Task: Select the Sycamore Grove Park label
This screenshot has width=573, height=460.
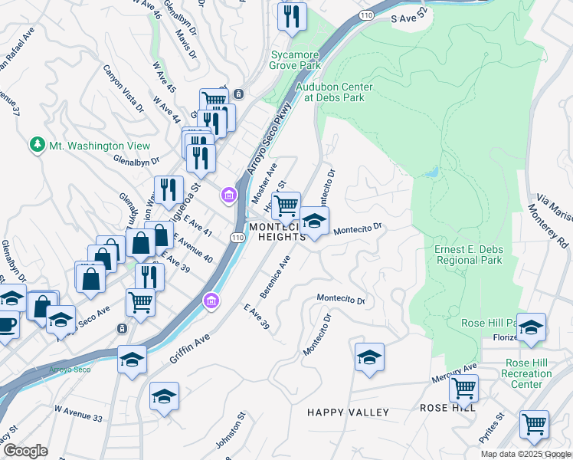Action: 306,61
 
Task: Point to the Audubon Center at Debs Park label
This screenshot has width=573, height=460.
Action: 334,92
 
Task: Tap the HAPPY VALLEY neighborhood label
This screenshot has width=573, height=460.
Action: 348,412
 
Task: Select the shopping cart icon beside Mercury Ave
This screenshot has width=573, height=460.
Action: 463,388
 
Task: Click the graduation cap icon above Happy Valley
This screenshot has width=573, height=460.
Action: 369,357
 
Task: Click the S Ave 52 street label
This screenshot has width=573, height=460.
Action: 408,17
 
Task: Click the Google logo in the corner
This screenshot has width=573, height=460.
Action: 25,450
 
